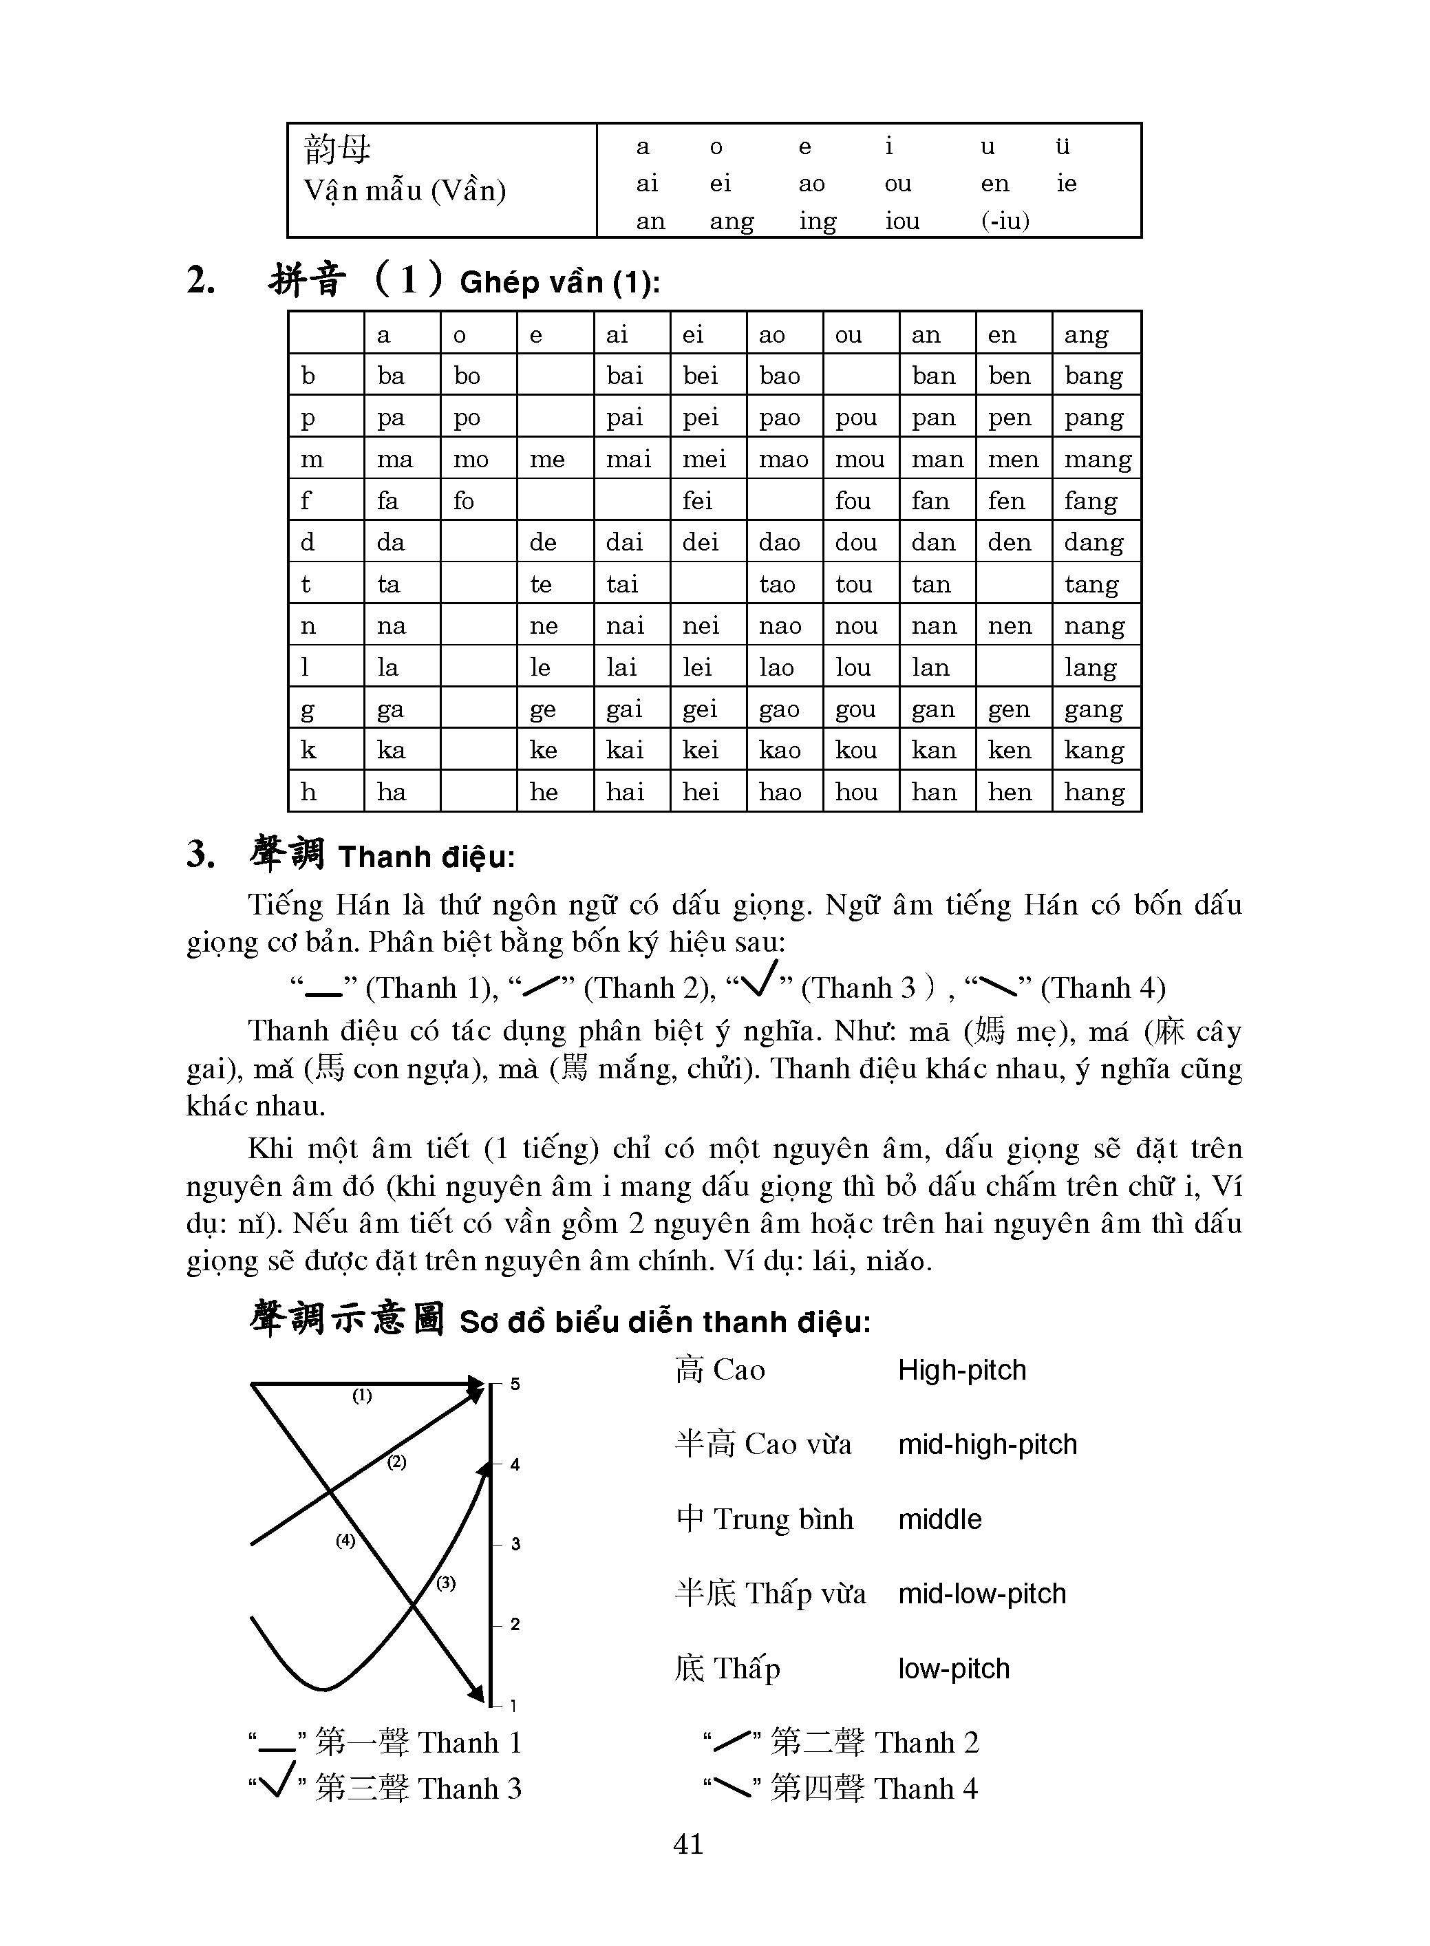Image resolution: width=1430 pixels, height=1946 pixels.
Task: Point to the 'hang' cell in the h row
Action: coord(1094,792)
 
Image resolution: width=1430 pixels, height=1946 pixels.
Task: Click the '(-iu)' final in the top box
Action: coord(1005,221)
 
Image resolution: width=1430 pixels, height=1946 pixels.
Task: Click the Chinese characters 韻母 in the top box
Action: coord(338,149)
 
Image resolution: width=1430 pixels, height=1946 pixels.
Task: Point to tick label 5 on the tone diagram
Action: coord(515,1384)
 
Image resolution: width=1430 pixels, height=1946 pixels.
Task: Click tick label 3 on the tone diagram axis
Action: coord(516,1543)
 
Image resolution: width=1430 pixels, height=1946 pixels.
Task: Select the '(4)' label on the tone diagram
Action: coord(345,1540)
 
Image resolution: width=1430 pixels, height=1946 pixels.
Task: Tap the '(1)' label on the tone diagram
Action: coord(362,1396)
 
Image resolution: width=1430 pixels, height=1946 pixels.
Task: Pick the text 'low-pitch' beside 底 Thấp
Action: coord(953,1668)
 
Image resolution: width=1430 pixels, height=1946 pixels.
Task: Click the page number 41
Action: coord(688,1844)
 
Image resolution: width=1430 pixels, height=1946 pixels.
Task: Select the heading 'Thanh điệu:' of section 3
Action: coord(426,857)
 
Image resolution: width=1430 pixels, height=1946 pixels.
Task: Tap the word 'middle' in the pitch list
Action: coord(939,1519)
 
